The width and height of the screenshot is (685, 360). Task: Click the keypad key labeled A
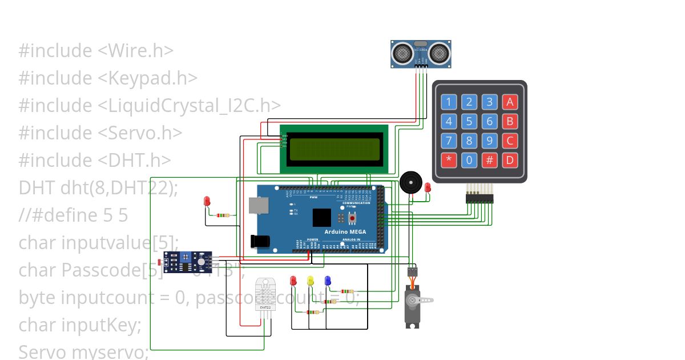510,102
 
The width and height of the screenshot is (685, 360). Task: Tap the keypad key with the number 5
469,121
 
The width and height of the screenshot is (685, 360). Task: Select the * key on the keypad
449,160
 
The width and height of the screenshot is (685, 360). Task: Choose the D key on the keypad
510,160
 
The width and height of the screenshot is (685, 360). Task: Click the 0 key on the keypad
469,160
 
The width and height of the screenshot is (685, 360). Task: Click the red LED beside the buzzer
428,187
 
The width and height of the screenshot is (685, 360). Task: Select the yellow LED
311,281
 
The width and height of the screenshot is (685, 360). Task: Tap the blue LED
328,281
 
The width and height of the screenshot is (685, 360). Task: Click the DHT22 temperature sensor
265,294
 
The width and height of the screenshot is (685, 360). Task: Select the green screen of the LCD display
334,149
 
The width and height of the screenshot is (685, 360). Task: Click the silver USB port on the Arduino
257,207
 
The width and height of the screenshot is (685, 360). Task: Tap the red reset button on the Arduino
352,218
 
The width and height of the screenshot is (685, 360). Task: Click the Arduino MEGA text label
345,232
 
